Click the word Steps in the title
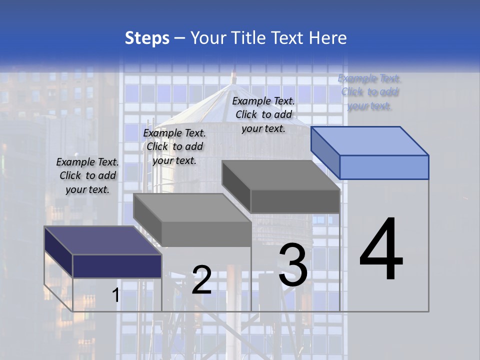tap(147, 38)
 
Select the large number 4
tap(381, 250)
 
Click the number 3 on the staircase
tap(293, 265)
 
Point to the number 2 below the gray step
tap(201, 279)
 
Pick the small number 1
tap(116, 295)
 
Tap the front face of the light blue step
tap(384, 167)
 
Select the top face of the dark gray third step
tap(280, 175)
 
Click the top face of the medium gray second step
tap(192, 208)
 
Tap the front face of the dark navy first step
tap(117, 266)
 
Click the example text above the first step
tap(87, 175)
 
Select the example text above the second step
tap(174, 146)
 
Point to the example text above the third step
tap(263, 114)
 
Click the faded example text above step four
tap(369, 91)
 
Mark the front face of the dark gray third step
tap(295, 201)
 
